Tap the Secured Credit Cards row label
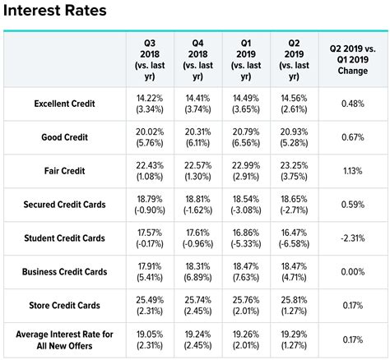tap(64, 204)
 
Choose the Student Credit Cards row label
tap(64, 238)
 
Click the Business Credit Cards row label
tap(64, 271)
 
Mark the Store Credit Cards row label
tap(64, 305)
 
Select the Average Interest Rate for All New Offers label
tap(64, 339)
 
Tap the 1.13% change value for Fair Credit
tap(352, 170)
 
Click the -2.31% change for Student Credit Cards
tap(352, 238)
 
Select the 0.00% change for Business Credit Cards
tap(352, 271)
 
